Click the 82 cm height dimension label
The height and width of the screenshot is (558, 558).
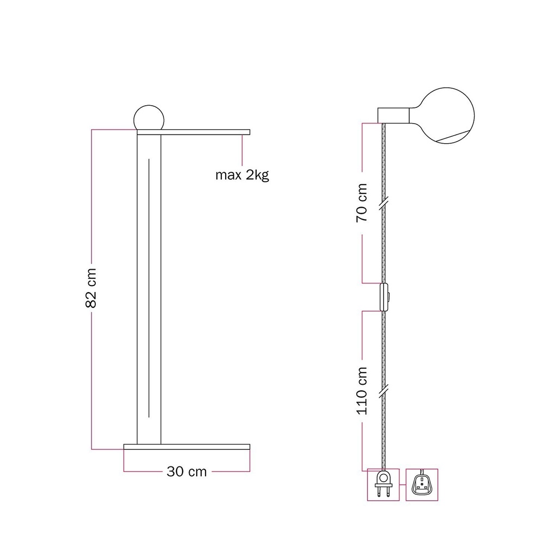[91, 288]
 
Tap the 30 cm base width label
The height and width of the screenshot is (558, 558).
[186, 471]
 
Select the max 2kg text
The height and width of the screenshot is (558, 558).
[242, 175]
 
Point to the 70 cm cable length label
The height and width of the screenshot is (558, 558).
[362, 203]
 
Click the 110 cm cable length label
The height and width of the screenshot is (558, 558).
[362, 391]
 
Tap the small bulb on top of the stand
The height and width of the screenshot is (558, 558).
[149, 118]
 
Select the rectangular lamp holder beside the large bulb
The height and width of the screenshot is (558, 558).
[393, 115]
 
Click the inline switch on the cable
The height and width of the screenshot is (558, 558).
[384, 297]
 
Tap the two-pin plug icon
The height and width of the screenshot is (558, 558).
[383, 484]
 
